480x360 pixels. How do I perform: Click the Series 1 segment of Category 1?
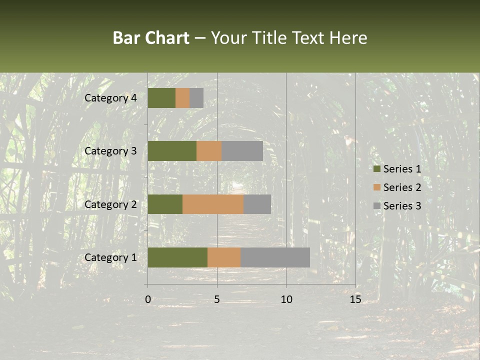click(x=177, y=257)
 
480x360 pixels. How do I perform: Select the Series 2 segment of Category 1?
click(x=224, y=257)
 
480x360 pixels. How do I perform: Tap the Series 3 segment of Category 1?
click(x=275, y=257)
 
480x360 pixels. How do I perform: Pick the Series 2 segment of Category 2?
click(x=213, y=204)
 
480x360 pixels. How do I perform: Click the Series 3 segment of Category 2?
click(x=257, y=204)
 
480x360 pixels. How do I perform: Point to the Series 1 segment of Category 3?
click(x=172, y=151)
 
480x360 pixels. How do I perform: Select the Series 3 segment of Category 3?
click(x=242, y=151)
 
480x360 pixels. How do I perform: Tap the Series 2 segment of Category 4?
click(x=182, y=98)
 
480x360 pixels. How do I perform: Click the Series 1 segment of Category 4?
click(x=161, y=98)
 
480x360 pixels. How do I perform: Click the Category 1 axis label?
click(x=110, y=257)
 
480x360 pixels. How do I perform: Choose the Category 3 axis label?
click(x=110, y=151)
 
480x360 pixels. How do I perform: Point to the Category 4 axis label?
click(x=110, y=98)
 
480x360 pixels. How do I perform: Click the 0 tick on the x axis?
click(x=148, y=299)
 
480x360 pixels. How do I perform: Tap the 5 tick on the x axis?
click(x=217, y=299)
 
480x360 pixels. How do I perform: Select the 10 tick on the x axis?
click(x=286, y=299)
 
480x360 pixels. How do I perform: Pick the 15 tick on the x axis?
click(x=355, y=299)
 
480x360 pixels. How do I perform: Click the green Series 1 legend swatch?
click(x=377, y=169)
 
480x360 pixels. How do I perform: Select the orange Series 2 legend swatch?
click(x=377, y=187)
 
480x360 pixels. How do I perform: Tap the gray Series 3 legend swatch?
click(x=377, y=206)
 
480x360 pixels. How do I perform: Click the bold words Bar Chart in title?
click(x=151, y=38)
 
